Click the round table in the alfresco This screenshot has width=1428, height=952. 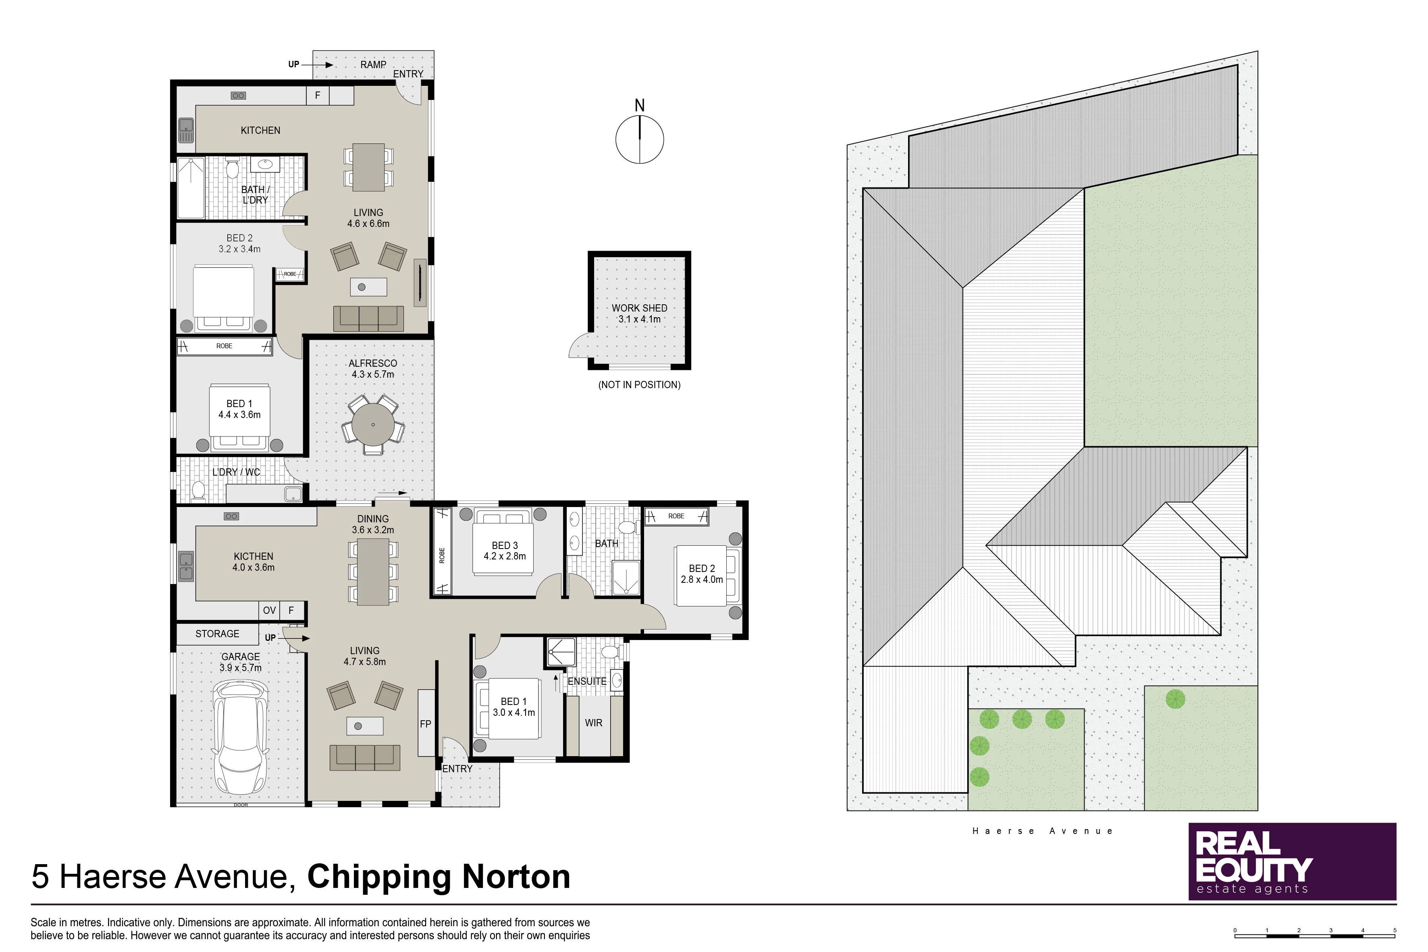(x=373, y=424)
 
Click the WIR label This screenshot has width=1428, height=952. (x=593, y=723)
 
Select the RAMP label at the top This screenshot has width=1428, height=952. (x=373, y=64)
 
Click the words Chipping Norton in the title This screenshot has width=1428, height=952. (x=439, y=876)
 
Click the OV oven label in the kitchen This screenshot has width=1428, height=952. (x=269, y=610)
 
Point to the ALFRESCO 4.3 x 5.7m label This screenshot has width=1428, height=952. (x=373, y=368)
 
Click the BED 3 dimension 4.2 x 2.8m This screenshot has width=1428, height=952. (x=505, y=556)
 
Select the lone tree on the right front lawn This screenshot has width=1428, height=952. (x=1175, y=699)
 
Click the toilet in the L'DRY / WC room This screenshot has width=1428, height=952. (x=198, y=490)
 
